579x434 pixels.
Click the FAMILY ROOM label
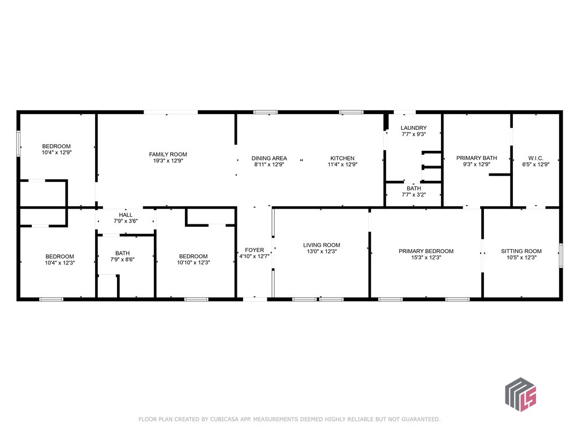(168, 155)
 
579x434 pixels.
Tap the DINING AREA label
(269, 158)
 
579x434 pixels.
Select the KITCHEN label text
(342, 158)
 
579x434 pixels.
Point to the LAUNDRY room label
(413, 128)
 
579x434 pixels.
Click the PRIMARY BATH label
(477, 158)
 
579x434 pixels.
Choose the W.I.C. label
(535, 158)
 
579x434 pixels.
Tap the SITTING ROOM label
(521, 251)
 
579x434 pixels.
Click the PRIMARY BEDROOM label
(426, 251)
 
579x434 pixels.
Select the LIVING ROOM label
(322, 245)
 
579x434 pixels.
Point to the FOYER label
(254, 250)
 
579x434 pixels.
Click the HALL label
(126, 215)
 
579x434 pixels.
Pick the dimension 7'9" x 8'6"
(122, 259)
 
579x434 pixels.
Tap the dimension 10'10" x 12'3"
(193, 262)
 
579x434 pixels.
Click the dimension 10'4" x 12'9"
(57, 152)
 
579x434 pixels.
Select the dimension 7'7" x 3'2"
(413, 194)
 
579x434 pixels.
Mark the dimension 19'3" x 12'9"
(168, 160)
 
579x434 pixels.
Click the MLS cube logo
(521, 394)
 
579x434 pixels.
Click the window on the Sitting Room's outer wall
(561, 255)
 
